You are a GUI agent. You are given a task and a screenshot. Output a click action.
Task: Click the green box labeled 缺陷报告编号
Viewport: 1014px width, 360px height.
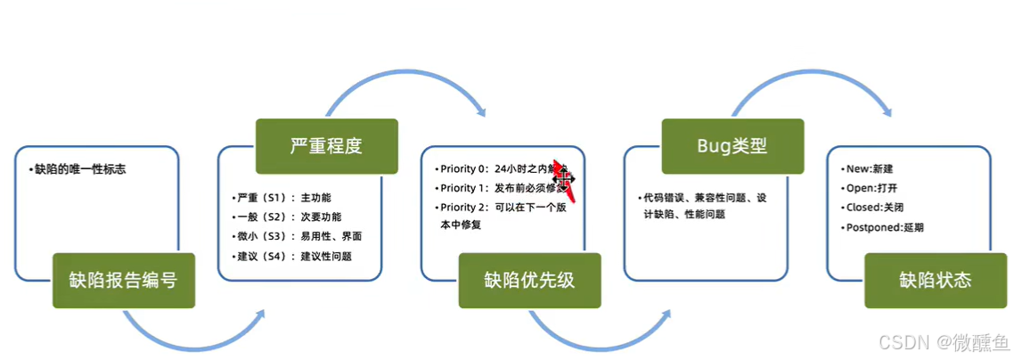point(123,281)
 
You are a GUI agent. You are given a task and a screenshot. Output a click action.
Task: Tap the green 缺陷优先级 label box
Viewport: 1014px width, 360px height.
point(529,281)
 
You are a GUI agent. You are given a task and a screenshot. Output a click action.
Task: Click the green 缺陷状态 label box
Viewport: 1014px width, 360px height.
point(936,281)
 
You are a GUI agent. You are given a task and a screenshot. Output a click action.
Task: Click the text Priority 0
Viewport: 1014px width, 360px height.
point(464,168)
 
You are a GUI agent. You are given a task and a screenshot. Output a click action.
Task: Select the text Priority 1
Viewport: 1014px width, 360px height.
point(464,188)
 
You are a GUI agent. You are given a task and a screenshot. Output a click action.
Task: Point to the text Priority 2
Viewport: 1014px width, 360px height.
point(464,208)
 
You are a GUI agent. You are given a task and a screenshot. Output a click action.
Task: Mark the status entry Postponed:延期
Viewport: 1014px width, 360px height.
point(886,227)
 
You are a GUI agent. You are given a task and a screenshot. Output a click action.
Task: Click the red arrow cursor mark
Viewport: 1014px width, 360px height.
point(563,177)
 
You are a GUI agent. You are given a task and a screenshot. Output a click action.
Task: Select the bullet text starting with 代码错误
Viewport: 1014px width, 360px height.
point(704,198)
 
